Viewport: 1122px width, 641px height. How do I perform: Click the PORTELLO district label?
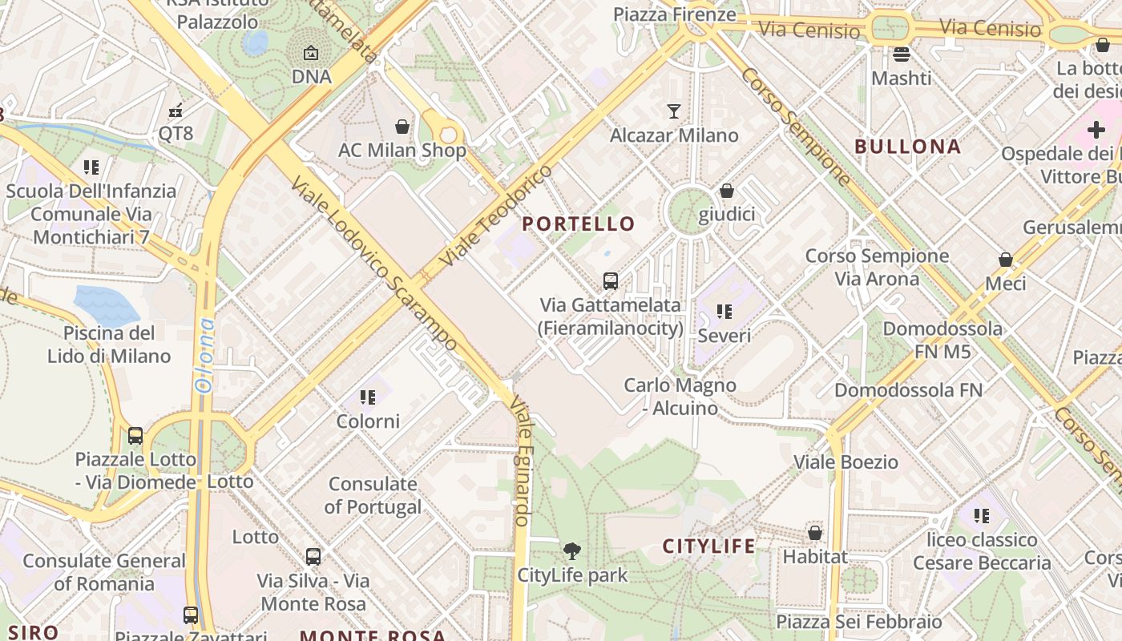pos(578,224)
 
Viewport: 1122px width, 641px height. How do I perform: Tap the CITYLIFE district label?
pos(708,546)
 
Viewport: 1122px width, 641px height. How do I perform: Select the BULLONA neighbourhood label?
pos(907,147)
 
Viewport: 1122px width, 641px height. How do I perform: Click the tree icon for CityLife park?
pos(571,551)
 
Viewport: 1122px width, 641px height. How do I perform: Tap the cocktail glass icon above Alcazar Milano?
pos(674,111)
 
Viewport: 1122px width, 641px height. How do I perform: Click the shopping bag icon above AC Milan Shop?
pos(402,127)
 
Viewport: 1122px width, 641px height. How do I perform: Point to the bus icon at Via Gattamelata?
pos(611,281)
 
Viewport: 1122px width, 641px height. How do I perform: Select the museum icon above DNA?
pos(311,54)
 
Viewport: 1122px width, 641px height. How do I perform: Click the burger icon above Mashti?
pos(902,54)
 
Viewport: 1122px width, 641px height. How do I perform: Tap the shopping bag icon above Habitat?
pos(815,533)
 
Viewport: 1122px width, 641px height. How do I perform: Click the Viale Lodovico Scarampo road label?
pos(373,264)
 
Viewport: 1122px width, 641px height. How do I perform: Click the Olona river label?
pos(204,356)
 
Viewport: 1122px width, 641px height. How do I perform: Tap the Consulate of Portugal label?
pos(373,495)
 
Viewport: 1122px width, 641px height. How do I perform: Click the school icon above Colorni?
pos(368,397)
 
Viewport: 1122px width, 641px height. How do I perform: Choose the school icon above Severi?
pos(724,312)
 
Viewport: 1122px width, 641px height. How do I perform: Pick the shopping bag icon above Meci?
pos(1005,260)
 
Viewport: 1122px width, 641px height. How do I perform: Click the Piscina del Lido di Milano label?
pos(109,345)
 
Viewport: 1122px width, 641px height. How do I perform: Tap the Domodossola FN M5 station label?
pos(942,340)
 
